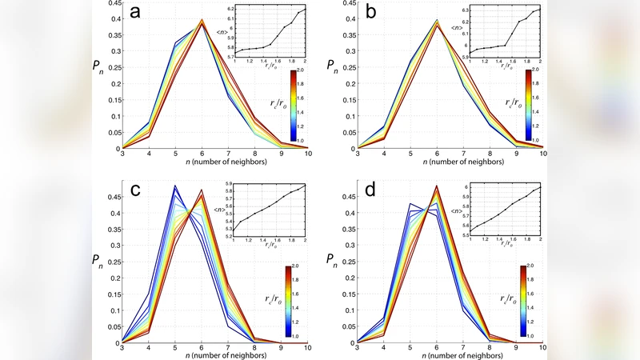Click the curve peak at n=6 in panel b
coord(437,22)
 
